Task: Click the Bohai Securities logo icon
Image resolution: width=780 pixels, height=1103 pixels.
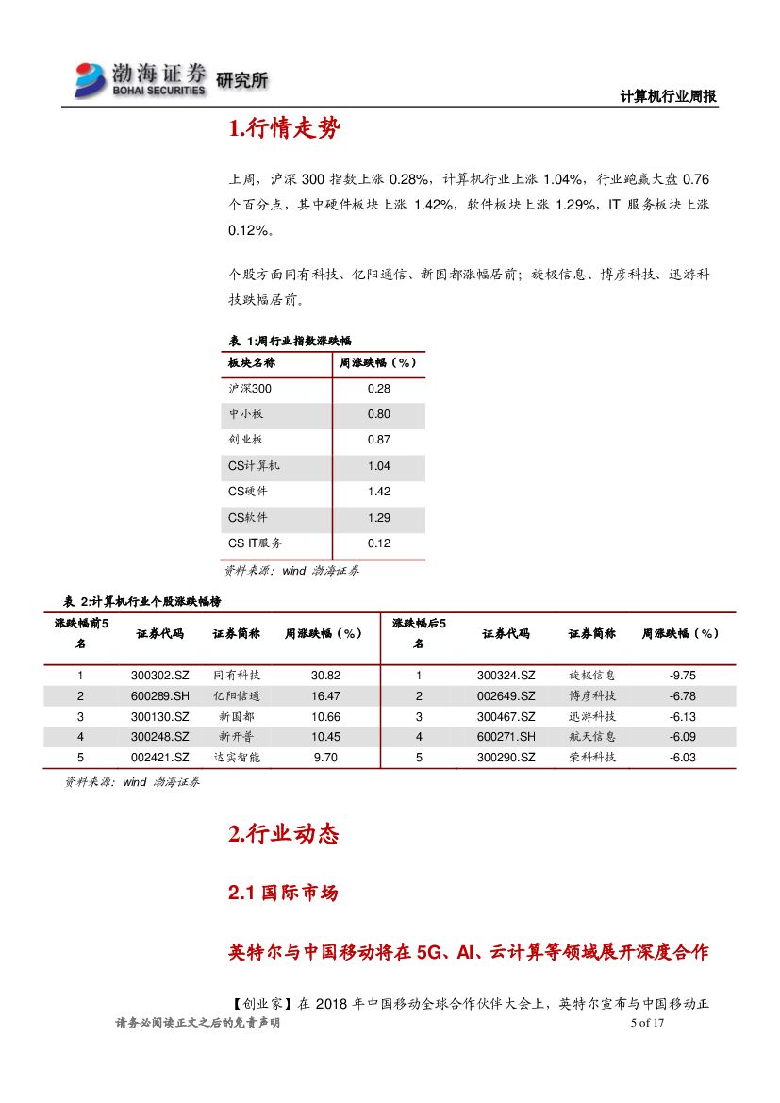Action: pyautogui.click(x=91, y=79)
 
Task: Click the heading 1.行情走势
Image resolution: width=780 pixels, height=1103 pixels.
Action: pyautogui.click(x=284, y=129)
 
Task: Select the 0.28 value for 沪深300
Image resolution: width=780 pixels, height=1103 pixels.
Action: pyautogui.click(x=378, y=389)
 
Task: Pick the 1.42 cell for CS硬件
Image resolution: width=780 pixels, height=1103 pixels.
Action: pyautogui.click(x=378, y=492)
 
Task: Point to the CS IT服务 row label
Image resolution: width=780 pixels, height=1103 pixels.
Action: pyautogui.click(x=255, y=543)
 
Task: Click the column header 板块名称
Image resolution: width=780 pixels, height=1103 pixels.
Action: pyautogui.click(x=252, y=362)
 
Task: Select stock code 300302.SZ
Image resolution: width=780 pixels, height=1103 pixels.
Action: pyautogui.click(x=160, y=676)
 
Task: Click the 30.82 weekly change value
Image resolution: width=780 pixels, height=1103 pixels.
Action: pyautogui.click(x=324, y=676)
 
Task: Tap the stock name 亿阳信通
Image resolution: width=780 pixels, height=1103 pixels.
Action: pyautogui.click(x=237, y=696)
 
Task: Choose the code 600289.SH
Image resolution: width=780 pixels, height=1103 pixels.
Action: pyautogui.click(x=160, y=696)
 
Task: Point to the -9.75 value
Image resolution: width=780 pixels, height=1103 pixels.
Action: pyautogui.click(x=682, y=676)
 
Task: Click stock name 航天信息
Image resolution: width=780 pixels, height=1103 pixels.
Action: pyautogui.click(x=592, y=737)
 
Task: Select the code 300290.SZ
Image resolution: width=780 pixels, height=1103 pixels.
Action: pyautogui.click(x=506, y=758)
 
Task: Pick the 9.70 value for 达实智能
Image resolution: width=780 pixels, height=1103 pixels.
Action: pyautogui.click(x=324, y=758)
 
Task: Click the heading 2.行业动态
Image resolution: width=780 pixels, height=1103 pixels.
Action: pyautogui.click(x=283, y=834)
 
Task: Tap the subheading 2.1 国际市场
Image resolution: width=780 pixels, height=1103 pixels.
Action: pyautogui.click(x=283, y=893)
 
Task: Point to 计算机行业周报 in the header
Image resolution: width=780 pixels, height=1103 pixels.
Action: pyautogui.click(x=669, y=96)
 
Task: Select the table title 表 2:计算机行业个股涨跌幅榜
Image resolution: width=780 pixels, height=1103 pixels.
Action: pyautogui.click(x=142, y=601)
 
